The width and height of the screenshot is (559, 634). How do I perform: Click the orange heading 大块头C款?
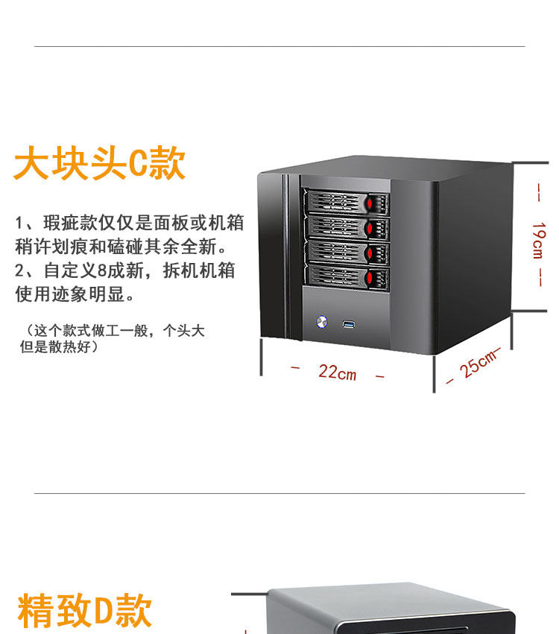pyautogui.click(x=99, y=164)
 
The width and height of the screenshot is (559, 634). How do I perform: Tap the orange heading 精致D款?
pyautogui.click(x=84, y=611)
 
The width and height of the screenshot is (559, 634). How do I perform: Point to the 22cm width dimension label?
pyautogui.click(x=337, y=371)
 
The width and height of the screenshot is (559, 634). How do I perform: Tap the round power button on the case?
pyautogui.click(x=322, y=323)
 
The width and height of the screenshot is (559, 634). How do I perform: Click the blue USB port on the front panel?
pyautogui.click(x=348, y=324)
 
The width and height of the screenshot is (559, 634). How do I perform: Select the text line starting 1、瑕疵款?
pyautogui.click(x=130, y=222)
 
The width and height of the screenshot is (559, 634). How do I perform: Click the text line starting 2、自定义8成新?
pyautogui.click(x=125, y=270)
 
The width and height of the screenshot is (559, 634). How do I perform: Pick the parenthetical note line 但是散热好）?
pyautogui.click(x=59, y=346)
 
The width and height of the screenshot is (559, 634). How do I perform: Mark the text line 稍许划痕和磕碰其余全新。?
pyautogui.click(x=121, y=246)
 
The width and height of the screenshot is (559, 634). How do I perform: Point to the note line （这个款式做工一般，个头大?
pyautogui.click(x=112, y=331)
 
